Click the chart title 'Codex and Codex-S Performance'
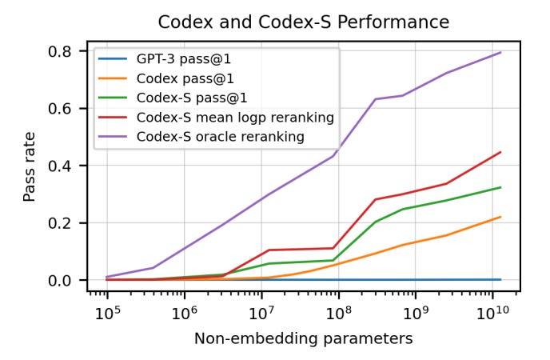tap(303, 22)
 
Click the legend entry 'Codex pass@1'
tap(181, 78)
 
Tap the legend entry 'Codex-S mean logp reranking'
tap(234, 118)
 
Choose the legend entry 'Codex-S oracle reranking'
tap(220, 137)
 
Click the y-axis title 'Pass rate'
tap(30, 166)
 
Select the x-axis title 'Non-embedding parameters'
tap(303, 339)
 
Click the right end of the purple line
tap(501, 53)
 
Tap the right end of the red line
tap(501, 152)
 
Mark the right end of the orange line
tap(501, 217)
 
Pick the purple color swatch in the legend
tap(114, 137)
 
